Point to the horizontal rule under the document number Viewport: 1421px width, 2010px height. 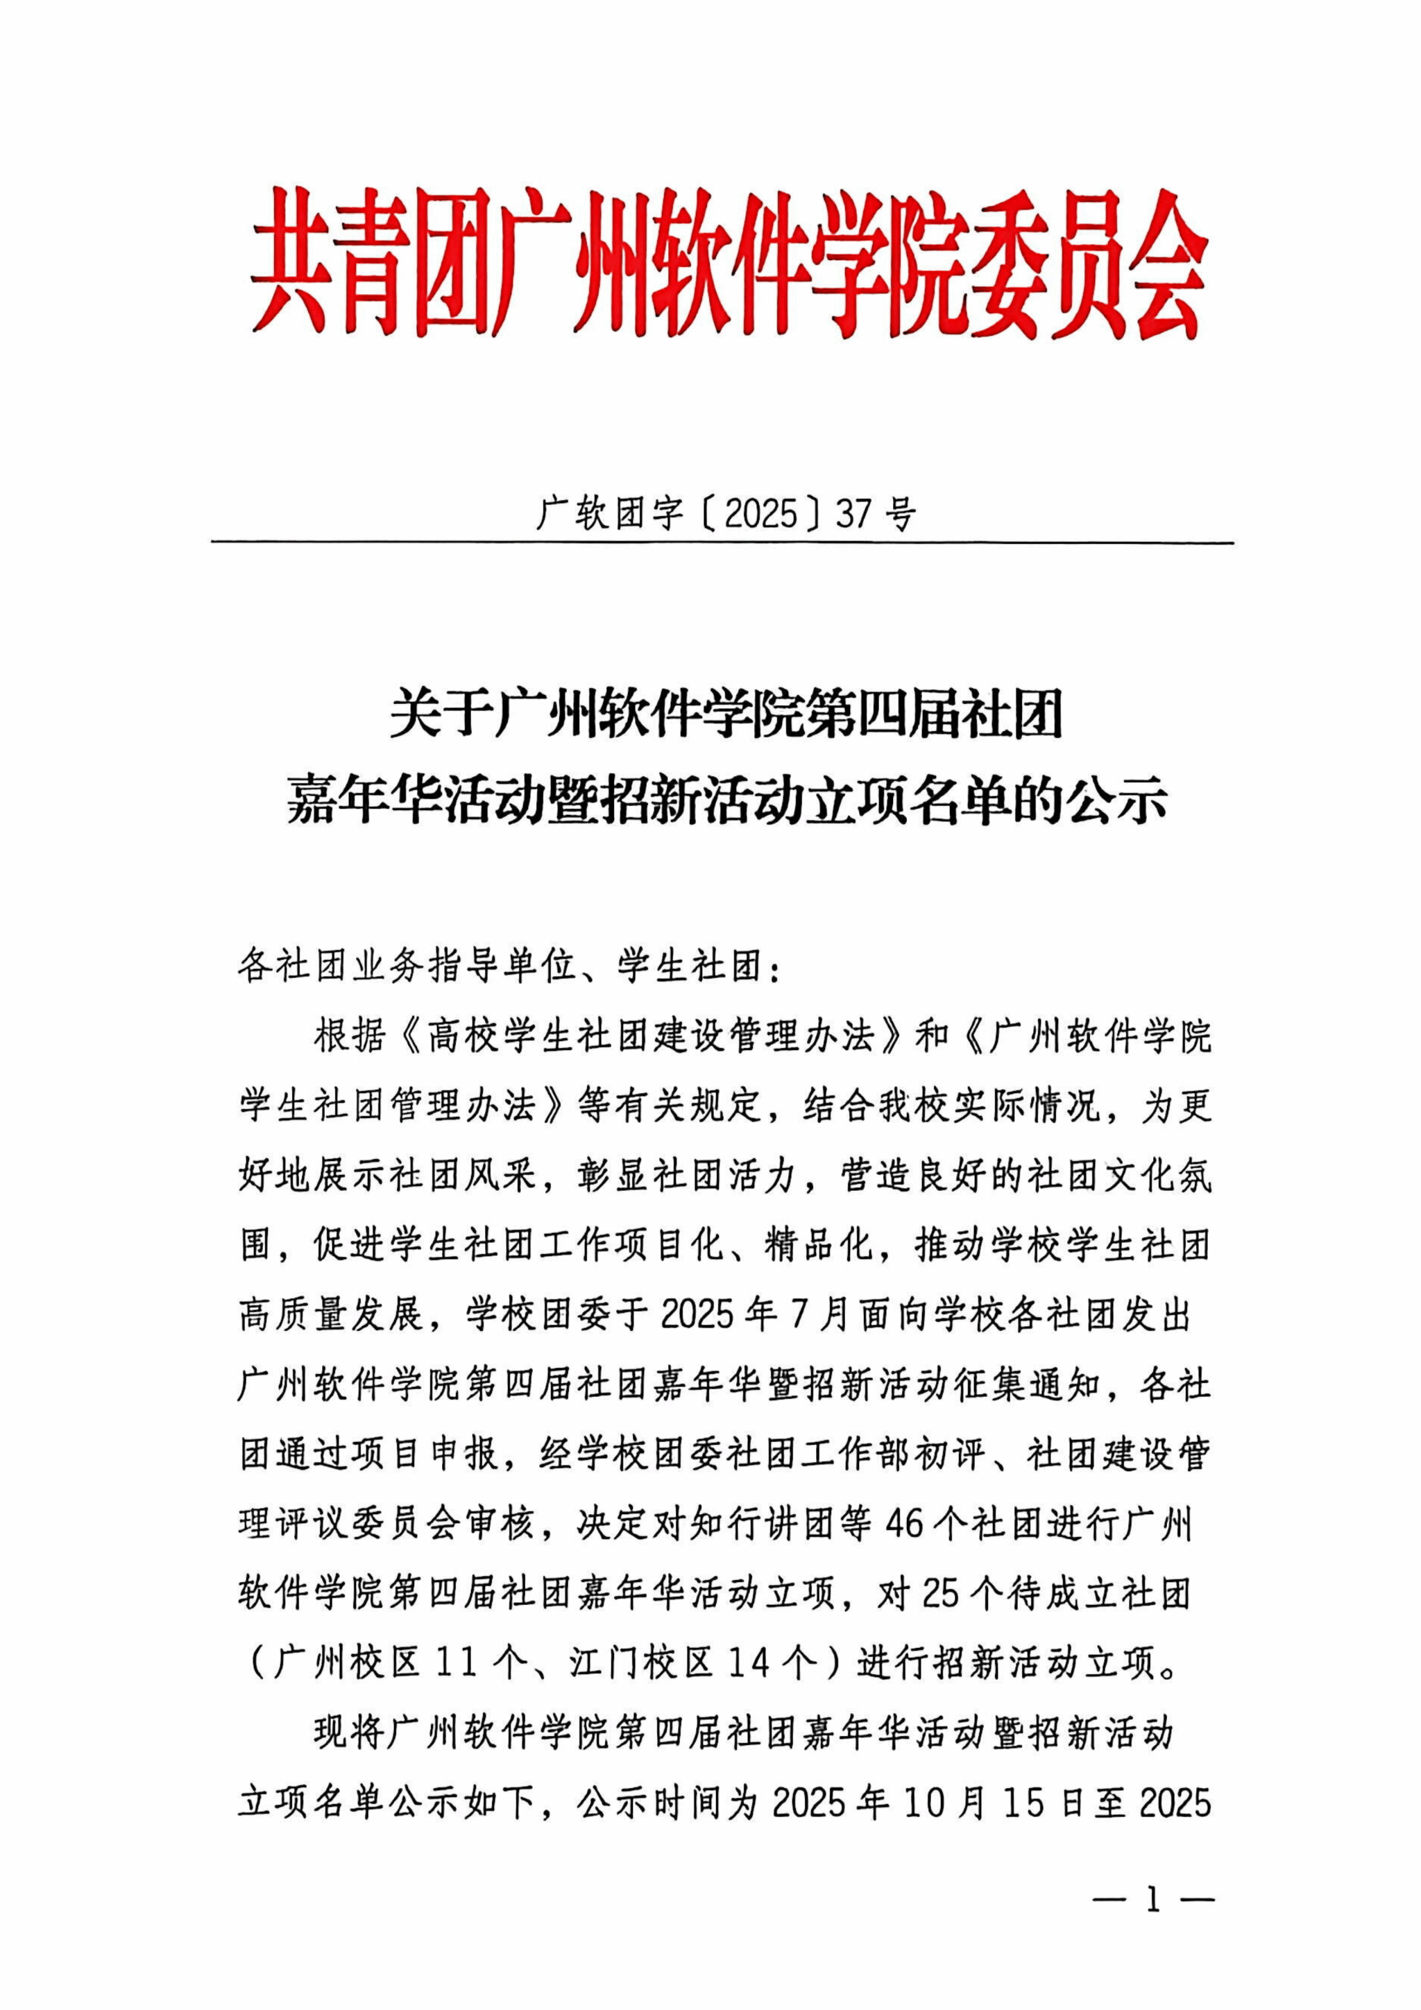(722, 543)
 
